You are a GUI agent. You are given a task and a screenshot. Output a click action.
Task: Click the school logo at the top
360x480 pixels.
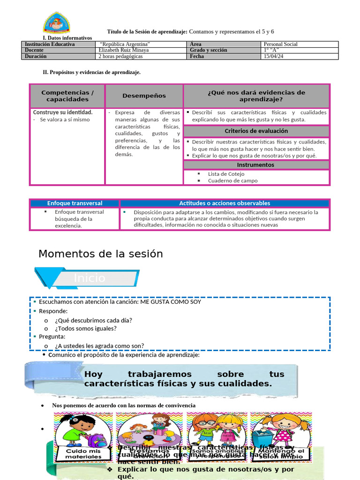pos(57,23)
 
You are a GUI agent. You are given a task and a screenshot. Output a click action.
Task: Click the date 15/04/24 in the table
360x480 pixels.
pos(274,56)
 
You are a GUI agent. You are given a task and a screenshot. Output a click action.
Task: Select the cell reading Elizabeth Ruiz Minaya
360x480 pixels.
pos(124,50)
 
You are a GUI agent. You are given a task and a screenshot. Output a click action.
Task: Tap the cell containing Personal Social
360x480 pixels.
pos(280,44)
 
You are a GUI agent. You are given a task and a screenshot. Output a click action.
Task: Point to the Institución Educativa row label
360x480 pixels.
pos(50,44)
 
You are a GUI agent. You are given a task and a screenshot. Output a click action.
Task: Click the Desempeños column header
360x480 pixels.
pos(144,96)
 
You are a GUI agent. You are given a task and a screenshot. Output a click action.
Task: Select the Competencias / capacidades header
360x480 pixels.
pos(67,96)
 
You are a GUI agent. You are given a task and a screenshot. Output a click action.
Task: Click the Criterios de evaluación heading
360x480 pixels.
pos(256,131)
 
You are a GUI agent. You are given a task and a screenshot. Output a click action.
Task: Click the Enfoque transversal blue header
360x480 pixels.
pos(75,203)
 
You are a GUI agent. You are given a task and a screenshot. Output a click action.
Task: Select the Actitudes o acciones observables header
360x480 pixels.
pos(225,203)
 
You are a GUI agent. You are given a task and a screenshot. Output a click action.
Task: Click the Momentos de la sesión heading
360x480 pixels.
pos(100,254)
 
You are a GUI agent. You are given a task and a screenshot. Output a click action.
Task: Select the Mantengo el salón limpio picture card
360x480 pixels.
pos(281,436)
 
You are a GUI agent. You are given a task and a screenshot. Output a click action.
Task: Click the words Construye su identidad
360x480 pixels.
pos(62,112)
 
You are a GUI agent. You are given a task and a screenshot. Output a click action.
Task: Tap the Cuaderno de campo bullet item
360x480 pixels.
pos(232,180)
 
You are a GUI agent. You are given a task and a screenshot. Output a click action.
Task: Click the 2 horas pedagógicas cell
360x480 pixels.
pos(120,56)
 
